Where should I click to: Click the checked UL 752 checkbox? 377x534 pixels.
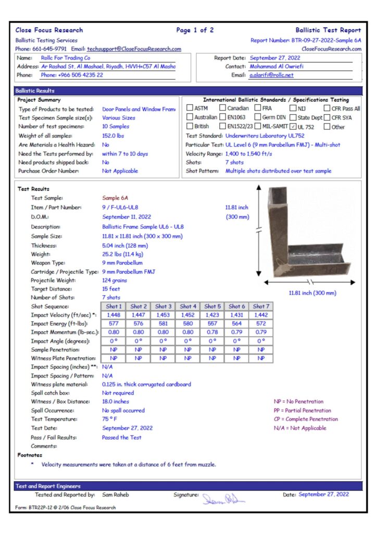point(293,126)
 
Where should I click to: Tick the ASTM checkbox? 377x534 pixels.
point(190,108)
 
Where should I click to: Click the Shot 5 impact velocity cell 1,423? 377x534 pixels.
point(212,315)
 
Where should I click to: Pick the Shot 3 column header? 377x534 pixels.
point(163,306)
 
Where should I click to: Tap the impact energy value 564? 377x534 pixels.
point(236,324)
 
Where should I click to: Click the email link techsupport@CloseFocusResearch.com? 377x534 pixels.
point(134,49)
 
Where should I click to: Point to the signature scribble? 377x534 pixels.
point(223,498)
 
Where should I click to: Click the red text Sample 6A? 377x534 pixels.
point(115,198)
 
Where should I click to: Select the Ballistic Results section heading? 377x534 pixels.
point(35,91)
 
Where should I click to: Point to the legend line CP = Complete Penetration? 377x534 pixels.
point(306,419)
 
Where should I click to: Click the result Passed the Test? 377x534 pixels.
point(121,438)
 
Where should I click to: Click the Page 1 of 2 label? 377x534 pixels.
point(195,30)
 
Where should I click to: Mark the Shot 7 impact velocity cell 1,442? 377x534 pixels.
point(261,315)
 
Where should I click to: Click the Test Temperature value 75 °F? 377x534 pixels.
point(109,419)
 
